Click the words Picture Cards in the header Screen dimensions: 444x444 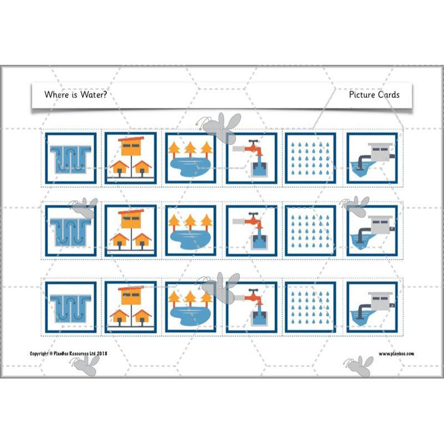[x=374, y=95]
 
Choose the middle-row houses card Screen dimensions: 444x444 [x=131, y=231]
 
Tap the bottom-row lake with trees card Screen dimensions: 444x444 [x=190, y=307]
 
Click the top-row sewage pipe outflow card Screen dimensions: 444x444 [x=372, y=158]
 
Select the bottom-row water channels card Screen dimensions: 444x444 [x=71, y=307]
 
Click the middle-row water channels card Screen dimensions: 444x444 [x=71, y=231]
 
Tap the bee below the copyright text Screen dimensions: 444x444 [x=83, y=363]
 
